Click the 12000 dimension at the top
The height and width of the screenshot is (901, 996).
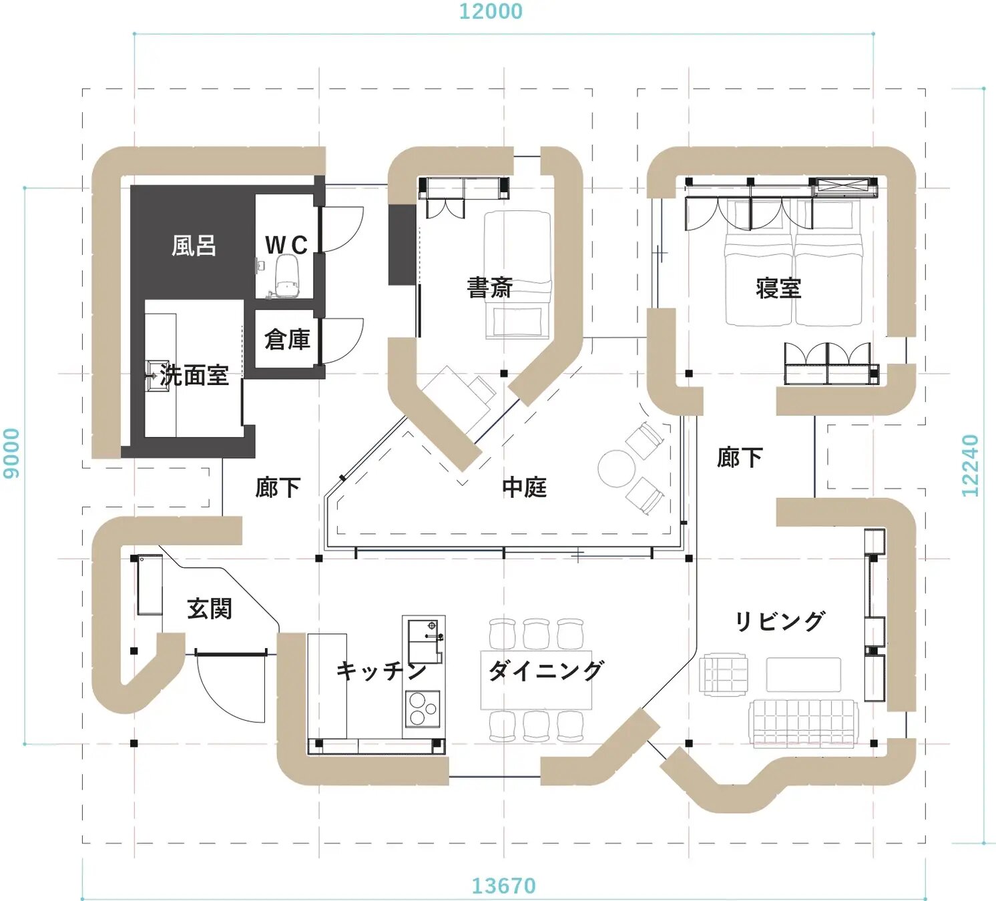491,11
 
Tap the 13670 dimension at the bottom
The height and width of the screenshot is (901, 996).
503,886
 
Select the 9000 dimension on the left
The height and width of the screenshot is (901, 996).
11,453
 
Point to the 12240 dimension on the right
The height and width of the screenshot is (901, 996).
970,465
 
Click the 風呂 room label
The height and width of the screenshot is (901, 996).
194,246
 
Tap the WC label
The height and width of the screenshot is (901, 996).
286,245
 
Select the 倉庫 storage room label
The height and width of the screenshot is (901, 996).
287,340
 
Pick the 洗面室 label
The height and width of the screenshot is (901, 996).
194,375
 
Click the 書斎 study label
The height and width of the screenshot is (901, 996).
489,288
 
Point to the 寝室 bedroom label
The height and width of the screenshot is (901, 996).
778,288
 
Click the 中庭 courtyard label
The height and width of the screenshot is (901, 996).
524,487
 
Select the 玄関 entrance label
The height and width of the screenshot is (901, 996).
209,609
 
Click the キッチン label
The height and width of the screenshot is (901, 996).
381,670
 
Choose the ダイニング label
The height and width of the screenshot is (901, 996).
545,670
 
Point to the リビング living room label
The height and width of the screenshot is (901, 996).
779,621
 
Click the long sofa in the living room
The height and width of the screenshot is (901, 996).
803,722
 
